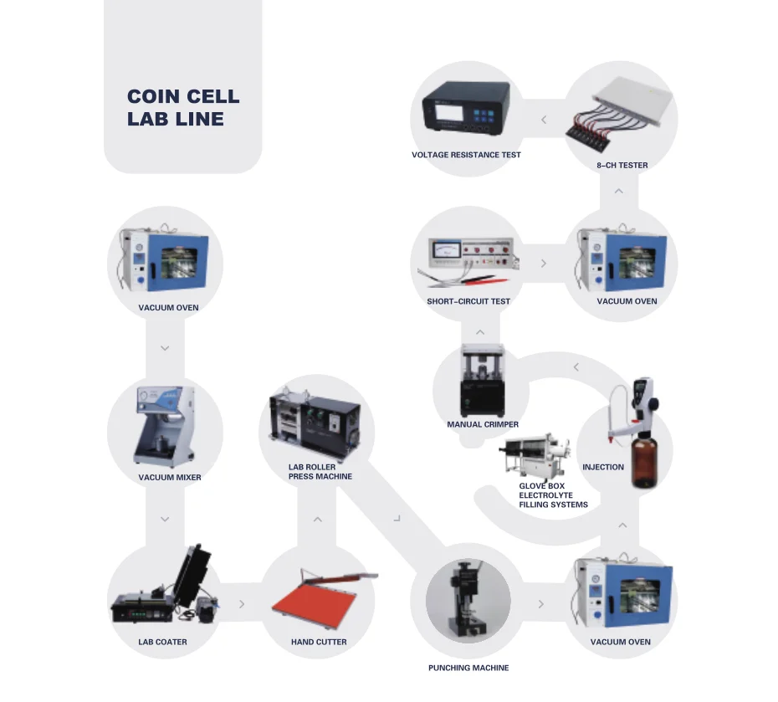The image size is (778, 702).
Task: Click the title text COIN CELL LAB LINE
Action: coord(183,108)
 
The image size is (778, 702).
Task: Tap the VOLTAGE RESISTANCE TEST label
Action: coord(466,155)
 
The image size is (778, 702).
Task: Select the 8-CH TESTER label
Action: coord(622,166)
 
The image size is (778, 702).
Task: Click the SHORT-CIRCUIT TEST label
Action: coord(468,301)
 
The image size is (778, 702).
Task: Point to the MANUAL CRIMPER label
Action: coord(483,424)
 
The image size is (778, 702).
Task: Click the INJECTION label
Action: coord(603,467)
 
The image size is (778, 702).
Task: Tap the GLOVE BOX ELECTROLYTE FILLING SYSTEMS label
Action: coord(553,495)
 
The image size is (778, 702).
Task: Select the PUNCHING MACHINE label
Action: coord(468,668)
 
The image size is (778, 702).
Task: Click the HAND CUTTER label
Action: coord(319,642)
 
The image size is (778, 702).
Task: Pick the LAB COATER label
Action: coord(162,642)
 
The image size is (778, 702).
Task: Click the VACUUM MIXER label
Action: coord(170,478)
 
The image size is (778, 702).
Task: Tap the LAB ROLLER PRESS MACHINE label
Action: coord(320,472)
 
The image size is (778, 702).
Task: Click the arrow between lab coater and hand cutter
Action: coord(242,603)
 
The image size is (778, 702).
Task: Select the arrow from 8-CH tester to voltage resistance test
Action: coord(544,120)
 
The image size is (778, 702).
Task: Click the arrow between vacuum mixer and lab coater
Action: coord(165,520)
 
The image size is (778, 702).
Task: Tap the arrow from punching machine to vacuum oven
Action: coord(541,603)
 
